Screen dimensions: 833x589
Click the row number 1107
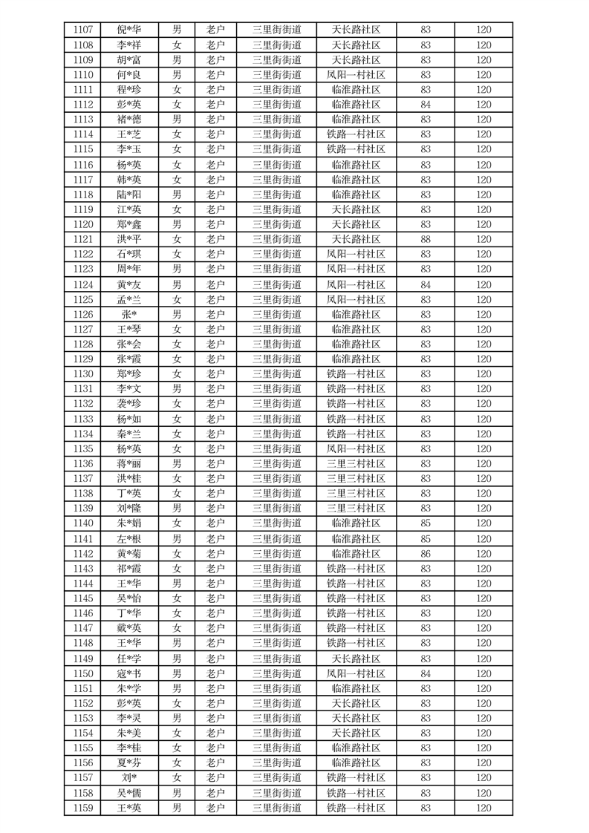[x=83, y=30]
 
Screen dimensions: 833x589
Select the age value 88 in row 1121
[x=426, y=239]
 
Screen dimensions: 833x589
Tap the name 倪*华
[x=128, y=30]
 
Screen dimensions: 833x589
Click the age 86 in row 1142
[x=426, y=553]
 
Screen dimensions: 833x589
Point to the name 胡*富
[x=128, y=60]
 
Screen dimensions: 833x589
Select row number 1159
[x=83, y=808]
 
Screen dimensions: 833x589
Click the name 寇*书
[x=128, y=673]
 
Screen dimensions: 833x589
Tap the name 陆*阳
[x=128, y=195]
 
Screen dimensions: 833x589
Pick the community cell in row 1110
[x=356, y=75]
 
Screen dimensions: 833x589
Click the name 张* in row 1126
[x=128, y=314]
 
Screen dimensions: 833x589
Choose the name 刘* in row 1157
[x=128, y=777]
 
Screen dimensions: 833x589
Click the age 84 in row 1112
[x=426, y=105]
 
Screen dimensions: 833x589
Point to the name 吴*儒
[x=128, y=793]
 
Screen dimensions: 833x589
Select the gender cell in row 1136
[x=177, y=463]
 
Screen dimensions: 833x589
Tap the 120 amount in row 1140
[x=484, y=523]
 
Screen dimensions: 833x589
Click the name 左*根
[x=128, y=538]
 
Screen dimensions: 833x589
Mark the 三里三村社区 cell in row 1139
[x=356, y=509]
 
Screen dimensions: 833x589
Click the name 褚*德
[x=128, y=120]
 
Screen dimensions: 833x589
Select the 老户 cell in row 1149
[x=215, y=659]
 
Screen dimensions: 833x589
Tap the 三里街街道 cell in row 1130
[x=276, y=374]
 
